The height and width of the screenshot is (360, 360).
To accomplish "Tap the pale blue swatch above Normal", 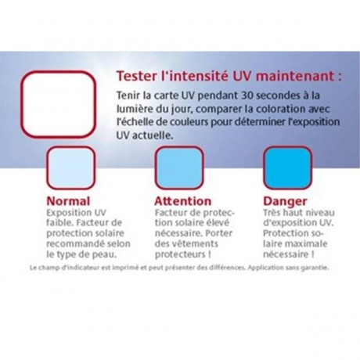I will [70, 167].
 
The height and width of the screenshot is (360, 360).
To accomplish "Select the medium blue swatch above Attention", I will [179, 167].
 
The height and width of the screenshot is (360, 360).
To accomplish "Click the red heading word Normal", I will [68, 201].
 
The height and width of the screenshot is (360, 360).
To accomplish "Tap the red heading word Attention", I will [183, 201].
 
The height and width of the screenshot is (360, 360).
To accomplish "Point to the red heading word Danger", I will [285, 201].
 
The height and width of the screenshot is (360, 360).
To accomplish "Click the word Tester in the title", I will [136, 77].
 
